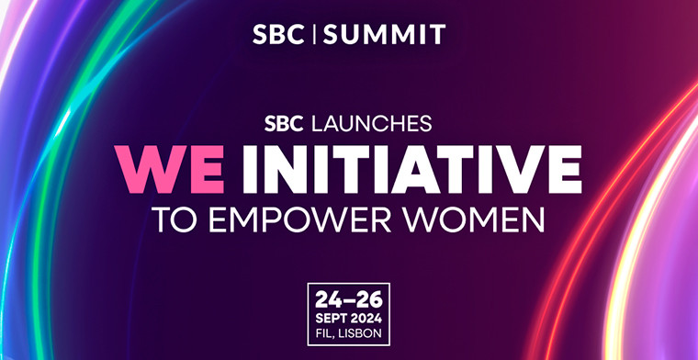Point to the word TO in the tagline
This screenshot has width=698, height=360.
click(174, 221)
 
